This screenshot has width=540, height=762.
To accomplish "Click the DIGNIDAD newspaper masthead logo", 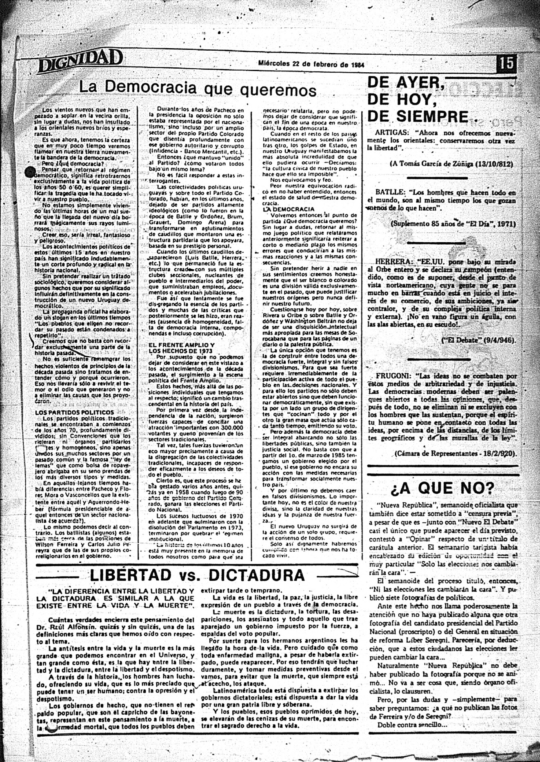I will pos(80,61).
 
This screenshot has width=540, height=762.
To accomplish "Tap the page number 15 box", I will pos(507,64).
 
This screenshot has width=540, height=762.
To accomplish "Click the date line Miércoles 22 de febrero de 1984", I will pos(311,64).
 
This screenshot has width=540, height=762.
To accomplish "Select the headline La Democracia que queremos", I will pos(198,88).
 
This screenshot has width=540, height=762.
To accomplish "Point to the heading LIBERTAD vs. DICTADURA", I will pos(197,575).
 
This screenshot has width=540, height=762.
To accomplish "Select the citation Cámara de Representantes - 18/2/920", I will pos(455,454).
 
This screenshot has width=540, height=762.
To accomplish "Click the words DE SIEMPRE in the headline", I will pos(417,117).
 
